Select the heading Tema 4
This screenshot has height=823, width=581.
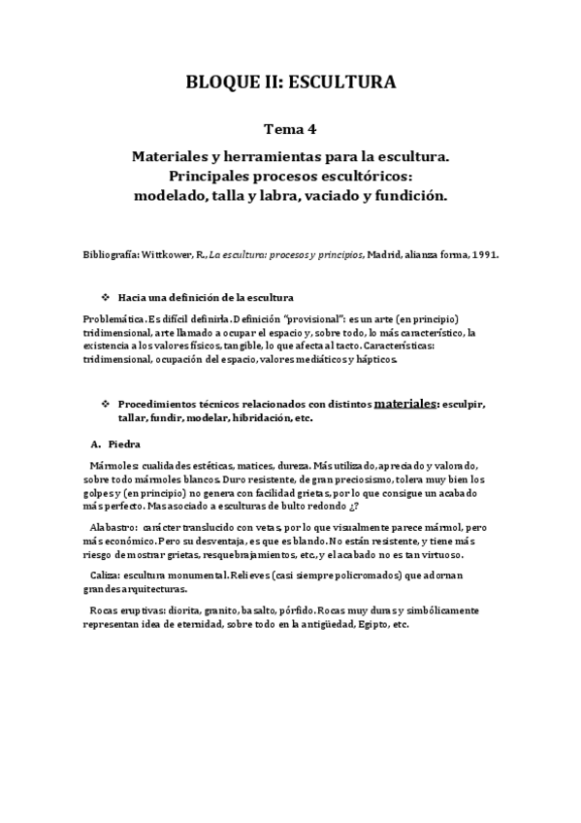290,127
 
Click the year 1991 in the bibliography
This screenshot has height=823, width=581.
483,254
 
